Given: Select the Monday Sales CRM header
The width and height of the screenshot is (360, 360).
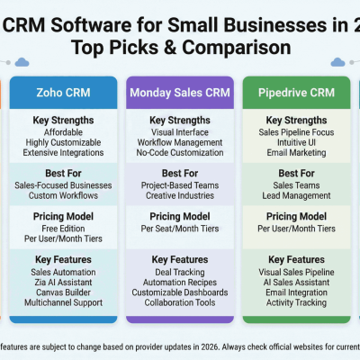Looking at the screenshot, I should pyautogui.click(x=179, y=92).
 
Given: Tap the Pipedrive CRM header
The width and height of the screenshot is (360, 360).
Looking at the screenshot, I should pyautogui.click(x=296, y=92).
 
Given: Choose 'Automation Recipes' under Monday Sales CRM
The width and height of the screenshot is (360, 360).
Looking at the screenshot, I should pyautogui.click(x=179, y=281).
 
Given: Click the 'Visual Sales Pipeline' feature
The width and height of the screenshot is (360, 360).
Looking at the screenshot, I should pyautogui.click(x=296, y=270).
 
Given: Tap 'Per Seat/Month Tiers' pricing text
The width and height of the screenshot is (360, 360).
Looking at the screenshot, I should pyautogui.click(x=179, y=229).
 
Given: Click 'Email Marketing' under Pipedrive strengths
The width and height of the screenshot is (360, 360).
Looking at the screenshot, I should pyautogui.click(x=296, y=152).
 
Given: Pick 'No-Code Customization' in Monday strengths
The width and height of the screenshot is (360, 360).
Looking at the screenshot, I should pyautogui.click(x=179, y=152).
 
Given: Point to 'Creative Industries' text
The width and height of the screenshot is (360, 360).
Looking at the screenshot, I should pyautogui.click(x=179, y=196).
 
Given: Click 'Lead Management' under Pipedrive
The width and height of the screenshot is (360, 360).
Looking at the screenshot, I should pyautogui.click(x=296, y=196).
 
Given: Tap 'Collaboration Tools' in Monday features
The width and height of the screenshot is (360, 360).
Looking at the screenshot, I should pyautogui.click(x=179, y=302).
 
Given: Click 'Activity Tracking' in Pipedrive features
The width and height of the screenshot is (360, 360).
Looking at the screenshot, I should pyautogui.click(x=296, y=302).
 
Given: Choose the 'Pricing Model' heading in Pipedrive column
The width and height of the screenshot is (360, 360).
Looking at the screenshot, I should pyautogui.click(x=296, y=216).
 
